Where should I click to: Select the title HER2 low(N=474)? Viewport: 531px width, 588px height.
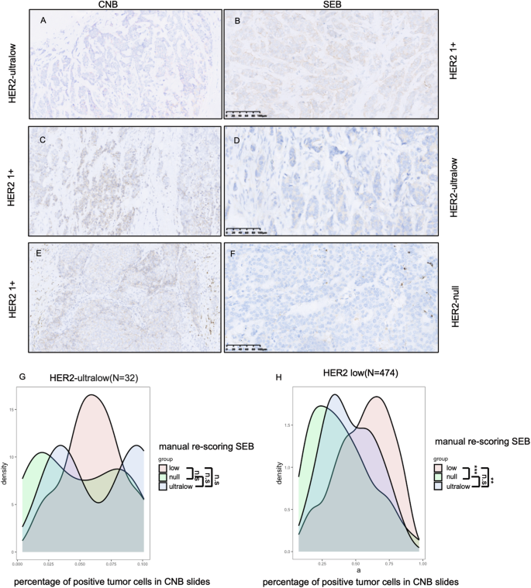[353, 373]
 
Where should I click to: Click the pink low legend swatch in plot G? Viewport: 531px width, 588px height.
[164, 468]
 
